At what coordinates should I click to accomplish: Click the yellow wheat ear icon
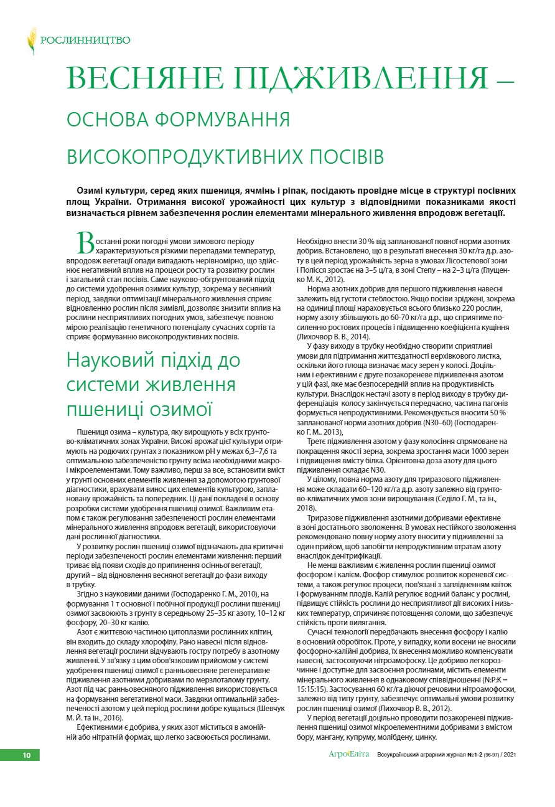[32, 40]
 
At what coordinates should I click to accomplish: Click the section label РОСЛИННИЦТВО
[85, 40]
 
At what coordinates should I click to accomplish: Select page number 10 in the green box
[27, 755]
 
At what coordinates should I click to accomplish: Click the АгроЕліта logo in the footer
[348, 755]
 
